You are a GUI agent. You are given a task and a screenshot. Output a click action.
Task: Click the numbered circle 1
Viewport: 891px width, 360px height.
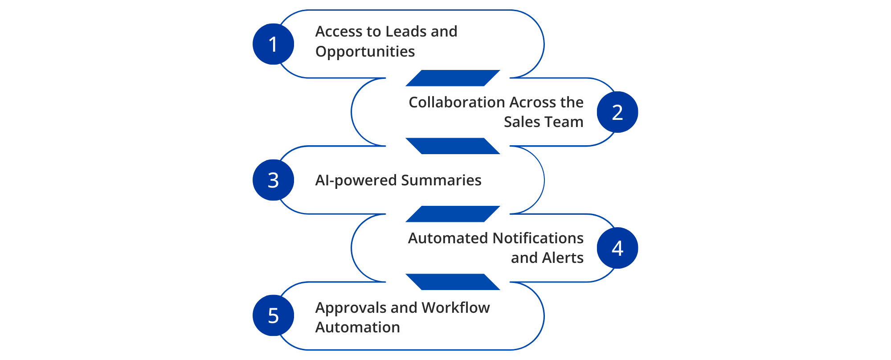click(x=273, y=44)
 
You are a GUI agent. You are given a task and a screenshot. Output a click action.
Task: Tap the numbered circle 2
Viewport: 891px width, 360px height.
click(x=617, y=112)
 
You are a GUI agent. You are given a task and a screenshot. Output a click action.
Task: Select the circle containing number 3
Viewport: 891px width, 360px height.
click(x=273, y=180)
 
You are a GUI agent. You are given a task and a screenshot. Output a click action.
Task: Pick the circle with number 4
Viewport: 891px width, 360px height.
click(x=617, y=248)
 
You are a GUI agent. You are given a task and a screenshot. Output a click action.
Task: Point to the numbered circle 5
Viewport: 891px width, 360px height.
click(x=273, y=315)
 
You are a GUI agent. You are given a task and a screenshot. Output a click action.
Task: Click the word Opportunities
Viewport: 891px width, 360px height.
click(x=365, y=52)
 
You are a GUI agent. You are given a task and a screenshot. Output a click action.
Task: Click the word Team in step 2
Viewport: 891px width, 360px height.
click(x=563, y=122)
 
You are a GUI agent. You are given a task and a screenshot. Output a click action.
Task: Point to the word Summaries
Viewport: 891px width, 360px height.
click(x=441, y=180)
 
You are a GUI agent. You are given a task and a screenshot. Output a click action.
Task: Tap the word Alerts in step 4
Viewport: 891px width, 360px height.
click(x=563, y=258)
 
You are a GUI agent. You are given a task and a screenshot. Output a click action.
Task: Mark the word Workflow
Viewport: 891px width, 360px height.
click(x=455, y=308)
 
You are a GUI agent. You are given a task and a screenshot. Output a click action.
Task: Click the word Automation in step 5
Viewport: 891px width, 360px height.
click(x=357, y=327)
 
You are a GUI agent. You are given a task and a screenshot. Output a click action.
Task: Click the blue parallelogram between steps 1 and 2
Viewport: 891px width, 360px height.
click(x=453, y=78)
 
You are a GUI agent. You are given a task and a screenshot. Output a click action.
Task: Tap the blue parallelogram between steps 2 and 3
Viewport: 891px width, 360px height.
click(x=453, y=146)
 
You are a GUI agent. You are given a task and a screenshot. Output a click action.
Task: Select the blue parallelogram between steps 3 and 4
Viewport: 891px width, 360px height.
click(x=453, y=214)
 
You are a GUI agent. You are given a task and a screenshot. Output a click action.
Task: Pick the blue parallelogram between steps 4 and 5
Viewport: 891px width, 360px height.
click(x=453, y=282)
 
